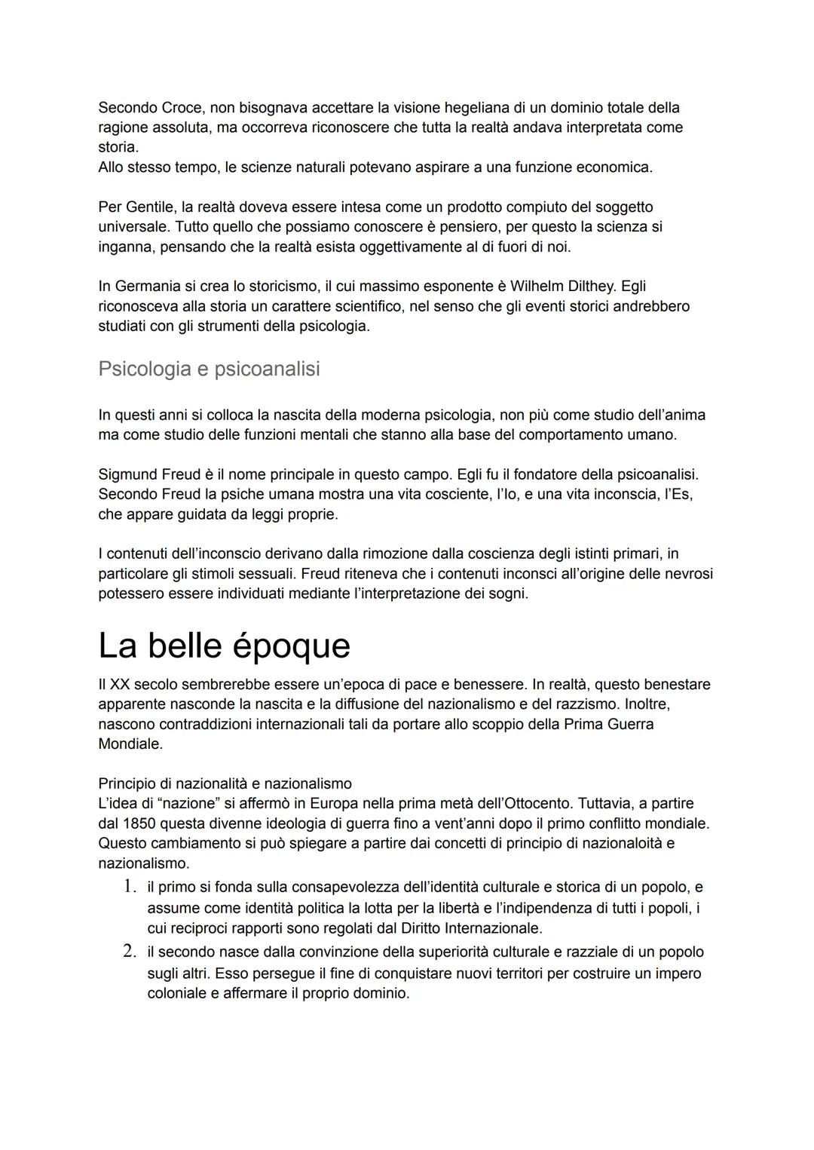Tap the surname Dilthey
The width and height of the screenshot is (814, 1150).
pyautogui.click(x=589, y=287)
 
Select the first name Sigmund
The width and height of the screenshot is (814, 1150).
pyautogui.click(x=128, y=475)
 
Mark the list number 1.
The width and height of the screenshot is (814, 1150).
pyautogui.click(x=130, y=887)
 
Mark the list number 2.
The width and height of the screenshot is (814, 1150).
pyautogui.click(x=130, y=952)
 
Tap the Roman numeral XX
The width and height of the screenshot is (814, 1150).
pyautogui.click(x=120, y=685)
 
